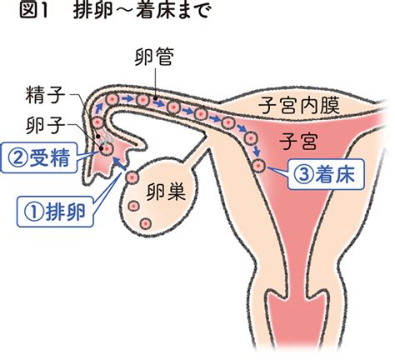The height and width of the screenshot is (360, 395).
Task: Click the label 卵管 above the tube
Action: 154,57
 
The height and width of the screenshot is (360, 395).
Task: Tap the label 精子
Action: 45,95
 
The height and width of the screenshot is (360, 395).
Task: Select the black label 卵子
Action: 45,125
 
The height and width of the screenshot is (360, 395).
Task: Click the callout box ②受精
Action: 39,157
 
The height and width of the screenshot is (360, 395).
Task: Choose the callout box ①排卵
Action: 55,212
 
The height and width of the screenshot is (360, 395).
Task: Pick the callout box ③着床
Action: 326,174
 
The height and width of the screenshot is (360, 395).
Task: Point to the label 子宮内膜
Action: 299,106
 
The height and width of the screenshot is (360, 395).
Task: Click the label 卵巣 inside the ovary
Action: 166,192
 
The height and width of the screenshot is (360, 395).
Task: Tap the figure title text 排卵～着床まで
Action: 141,12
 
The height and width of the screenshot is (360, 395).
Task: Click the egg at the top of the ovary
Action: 132,177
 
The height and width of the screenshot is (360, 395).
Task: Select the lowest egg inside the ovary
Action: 146,223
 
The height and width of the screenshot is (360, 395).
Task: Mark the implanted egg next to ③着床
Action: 259,166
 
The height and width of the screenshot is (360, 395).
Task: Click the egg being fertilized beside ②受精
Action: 107,149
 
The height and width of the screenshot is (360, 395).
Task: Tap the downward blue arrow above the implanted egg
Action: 257,152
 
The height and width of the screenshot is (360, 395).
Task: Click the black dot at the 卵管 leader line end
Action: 155,97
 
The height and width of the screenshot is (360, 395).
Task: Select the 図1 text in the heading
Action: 34,12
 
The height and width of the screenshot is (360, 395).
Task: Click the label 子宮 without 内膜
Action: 298,141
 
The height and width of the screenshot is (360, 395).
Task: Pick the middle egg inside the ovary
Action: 133,206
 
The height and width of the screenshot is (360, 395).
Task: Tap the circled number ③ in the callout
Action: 302,175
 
